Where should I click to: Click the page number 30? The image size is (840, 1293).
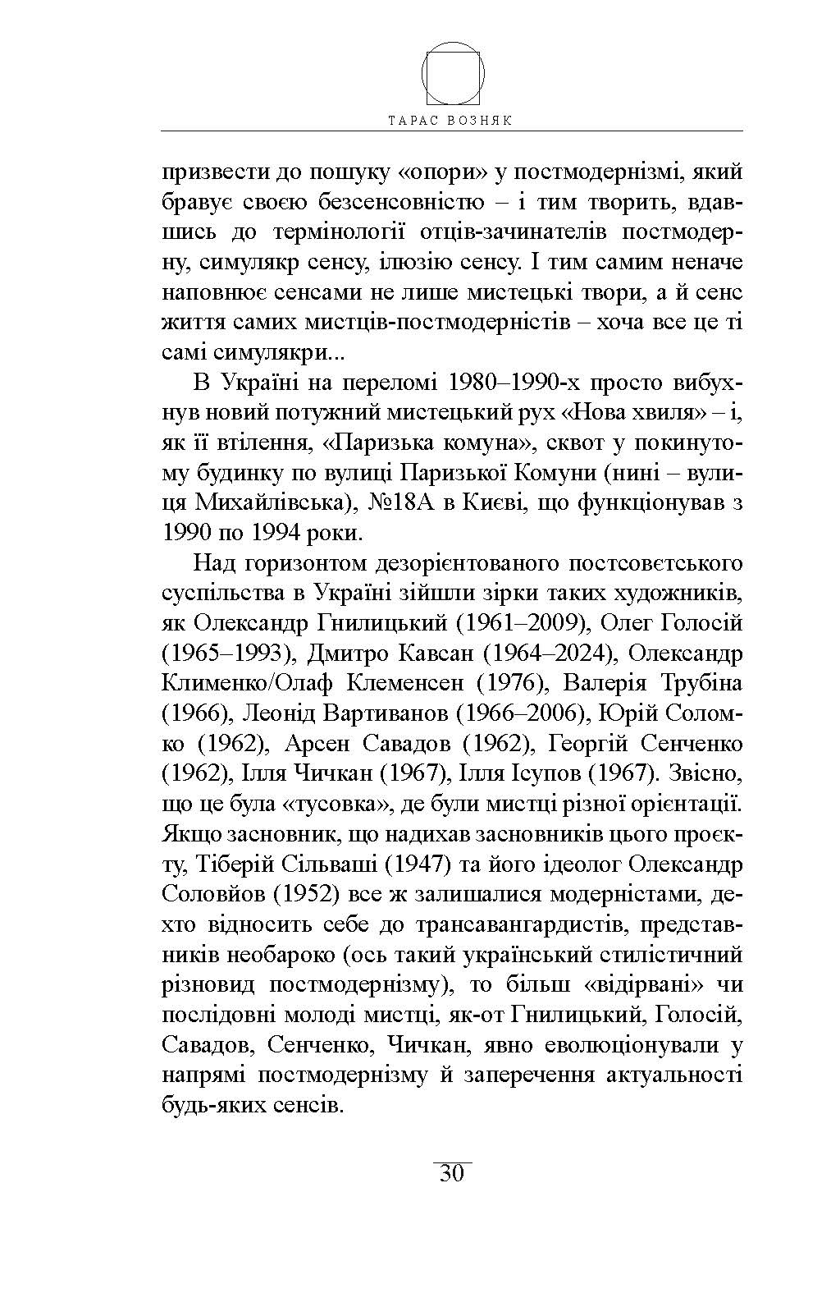tap(452, 1173)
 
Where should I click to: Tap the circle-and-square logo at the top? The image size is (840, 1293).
tap(453, 72)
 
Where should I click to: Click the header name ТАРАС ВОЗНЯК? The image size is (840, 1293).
tap(452, 119)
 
